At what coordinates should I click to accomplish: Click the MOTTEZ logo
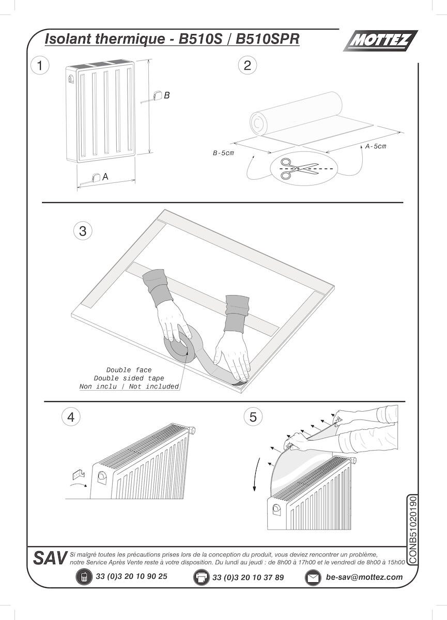pyautogui.click(x=380, y=41)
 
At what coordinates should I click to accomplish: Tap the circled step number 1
pyautogui.click(x=40, y=66)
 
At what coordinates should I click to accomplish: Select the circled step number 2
pyautogui.click(x=247, y=65)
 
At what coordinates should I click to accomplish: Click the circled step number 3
pyautogui.click(x=83, y=231)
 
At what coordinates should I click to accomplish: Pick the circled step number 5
pyautogui.click(x=253, y=417)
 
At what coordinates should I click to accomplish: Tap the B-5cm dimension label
pyautogui.click(x=224, y=153)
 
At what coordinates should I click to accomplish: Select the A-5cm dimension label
pyautogui.click(x=376, y=146)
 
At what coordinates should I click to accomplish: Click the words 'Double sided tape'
pyautogui.click(x=129, y=378)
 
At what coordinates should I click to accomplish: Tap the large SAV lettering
pyautogui.click(x=50, y=558)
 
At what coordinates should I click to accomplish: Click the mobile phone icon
pyautogui.click(x=83, y=577)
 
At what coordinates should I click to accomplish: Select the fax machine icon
pyautogui.click(x=201, y=577)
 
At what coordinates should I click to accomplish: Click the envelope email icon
pyautogui.click(x=313, y=578)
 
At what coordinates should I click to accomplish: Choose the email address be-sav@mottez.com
pyautogui.click(x=364, y=577)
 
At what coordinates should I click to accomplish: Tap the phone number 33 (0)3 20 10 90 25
pyautogui.click(x=132, y=576)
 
